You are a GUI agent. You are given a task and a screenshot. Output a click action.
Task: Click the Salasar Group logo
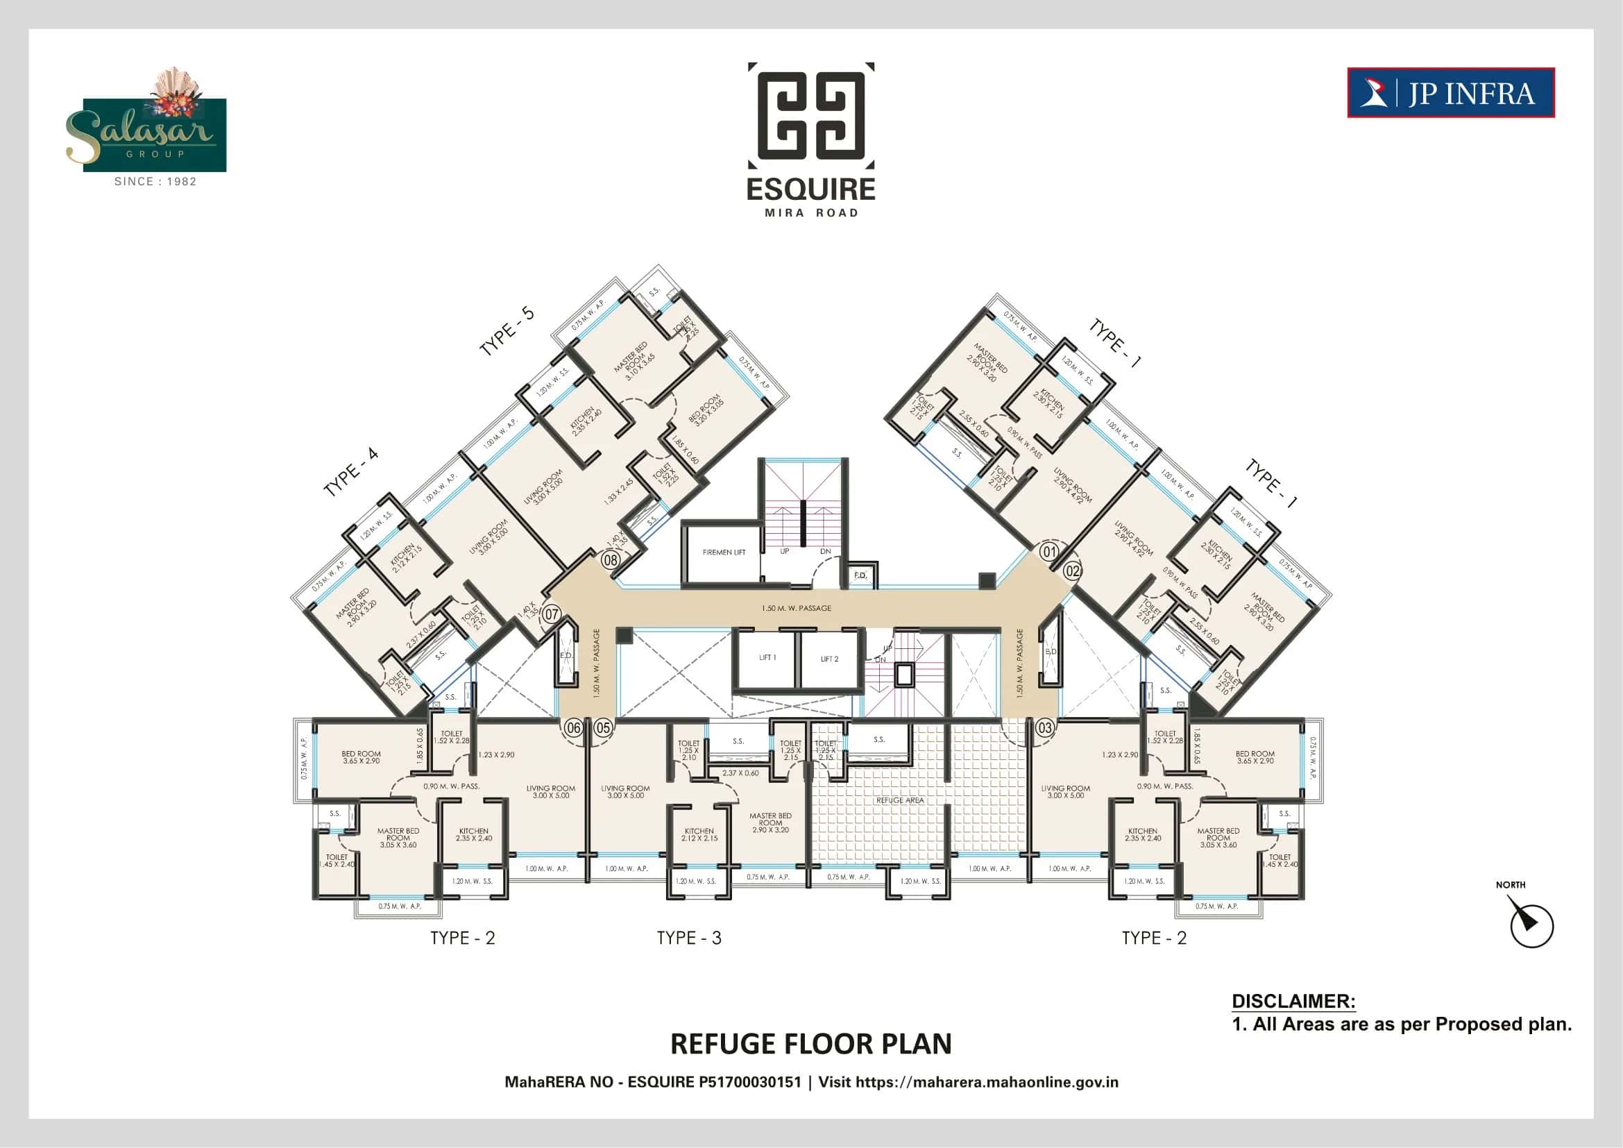[x=154, y=127]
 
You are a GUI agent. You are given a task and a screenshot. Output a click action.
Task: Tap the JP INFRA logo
[x=1450, y=92]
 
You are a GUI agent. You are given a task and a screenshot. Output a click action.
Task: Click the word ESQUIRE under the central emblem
[x=810, y=189]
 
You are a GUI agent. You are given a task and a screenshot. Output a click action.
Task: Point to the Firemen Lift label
[x=724, y=552]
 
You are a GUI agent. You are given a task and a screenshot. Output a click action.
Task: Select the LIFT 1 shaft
[x=767, y=658]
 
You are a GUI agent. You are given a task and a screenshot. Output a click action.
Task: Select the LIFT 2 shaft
[x=829, y=659]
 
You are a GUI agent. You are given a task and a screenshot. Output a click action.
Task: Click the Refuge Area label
[x=900, y=800]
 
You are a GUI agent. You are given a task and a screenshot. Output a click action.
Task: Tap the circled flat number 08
[x=610, y=561]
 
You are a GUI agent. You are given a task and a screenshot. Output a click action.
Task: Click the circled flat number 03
[x=1045, y=727]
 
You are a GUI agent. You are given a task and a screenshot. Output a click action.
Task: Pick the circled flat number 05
[x=602, y=727]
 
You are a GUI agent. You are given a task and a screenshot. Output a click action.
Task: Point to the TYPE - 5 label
[x=506, y=332]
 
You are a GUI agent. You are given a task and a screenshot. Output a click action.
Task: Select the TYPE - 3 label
[x=688, y=938]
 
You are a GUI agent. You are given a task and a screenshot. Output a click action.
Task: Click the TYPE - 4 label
[x=350, y=472]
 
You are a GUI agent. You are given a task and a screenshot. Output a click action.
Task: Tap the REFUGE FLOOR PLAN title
[x=810, y=1044]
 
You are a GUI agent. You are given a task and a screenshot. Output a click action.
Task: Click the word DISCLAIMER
[x=1293, y=1001]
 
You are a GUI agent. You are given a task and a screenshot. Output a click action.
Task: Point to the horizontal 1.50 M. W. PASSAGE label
[x=796, y=608]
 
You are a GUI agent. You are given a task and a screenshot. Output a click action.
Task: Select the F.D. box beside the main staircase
[x=860, y=575]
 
